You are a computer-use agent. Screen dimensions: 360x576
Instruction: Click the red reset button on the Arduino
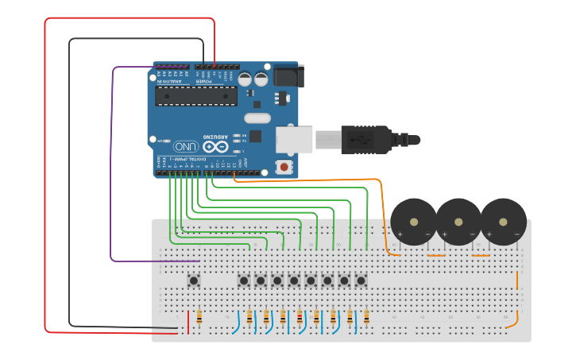click(x=283, y=166)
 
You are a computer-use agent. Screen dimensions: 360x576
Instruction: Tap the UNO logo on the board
click(x=185, y=146)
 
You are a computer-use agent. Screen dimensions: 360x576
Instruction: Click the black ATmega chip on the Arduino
click(x=195, y=96)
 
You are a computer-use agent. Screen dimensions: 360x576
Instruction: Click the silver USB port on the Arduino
click(x=293, y=140)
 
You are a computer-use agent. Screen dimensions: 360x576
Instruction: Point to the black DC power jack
click(x=288, y=76)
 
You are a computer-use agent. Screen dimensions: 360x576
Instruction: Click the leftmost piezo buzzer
click(x=414, y=222)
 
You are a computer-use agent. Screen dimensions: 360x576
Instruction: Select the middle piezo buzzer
click(x=458, y=222)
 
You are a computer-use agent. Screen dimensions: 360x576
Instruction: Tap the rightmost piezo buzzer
click(x=503, y=222)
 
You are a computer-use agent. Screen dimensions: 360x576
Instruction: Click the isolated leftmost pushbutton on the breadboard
click(x=193, y=280)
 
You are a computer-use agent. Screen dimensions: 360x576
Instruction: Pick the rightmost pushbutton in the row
click(x=361, y=280)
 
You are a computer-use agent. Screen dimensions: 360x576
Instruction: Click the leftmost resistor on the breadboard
click(x=199, y=318)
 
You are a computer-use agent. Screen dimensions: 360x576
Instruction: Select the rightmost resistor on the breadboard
click(x=366, y=318)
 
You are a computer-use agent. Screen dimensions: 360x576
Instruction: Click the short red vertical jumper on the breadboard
click(x=188, y=322)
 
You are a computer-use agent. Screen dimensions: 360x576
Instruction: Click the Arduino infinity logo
click(x=215, y=146)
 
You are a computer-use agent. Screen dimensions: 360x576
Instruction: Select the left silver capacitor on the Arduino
click(x=245, y=79)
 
